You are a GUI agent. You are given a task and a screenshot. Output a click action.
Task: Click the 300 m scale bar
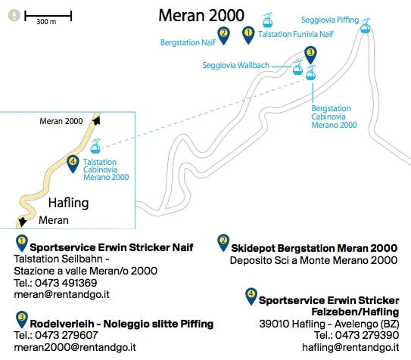coord(48,16)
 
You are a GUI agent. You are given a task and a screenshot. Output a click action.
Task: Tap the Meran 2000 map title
coord(201,15)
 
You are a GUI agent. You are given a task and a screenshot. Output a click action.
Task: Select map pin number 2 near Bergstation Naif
coord(223,36)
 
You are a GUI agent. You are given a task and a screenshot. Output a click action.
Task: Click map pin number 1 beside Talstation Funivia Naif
coord(248,35)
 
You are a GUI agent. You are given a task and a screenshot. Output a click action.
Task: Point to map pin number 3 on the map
coord(310,55)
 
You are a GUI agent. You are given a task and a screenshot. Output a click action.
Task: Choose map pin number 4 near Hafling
coord(73,164)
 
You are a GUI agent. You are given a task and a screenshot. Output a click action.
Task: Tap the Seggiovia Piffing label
coord(330,20)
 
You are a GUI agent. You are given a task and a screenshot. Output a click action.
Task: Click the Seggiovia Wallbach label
coord(235,65)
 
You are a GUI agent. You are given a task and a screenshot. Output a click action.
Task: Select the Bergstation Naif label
coord(188,42)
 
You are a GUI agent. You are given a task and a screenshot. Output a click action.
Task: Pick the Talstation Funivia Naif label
coord(296,34)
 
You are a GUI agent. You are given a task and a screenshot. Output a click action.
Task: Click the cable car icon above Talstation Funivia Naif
coord(268,20)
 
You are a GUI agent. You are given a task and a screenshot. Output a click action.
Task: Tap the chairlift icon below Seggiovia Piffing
coord(366,26)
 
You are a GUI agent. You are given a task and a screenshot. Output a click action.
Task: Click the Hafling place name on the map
coord(68,203)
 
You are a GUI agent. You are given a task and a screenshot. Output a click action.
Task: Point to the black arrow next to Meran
coord(22,222)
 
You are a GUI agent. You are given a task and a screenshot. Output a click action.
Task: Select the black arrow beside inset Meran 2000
coord(96,120)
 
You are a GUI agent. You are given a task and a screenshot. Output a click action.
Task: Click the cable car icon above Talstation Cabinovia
coord(95,146)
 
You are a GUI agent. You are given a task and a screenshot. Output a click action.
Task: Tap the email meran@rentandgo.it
coord(61,294)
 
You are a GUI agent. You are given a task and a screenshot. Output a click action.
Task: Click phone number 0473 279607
coord(67,335)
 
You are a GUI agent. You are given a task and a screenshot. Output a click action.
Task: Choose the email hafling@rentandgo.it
coord(350,347)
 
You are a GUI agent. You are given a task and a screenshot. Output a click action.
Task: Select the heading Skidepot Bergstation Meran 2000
coord(314,248)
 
